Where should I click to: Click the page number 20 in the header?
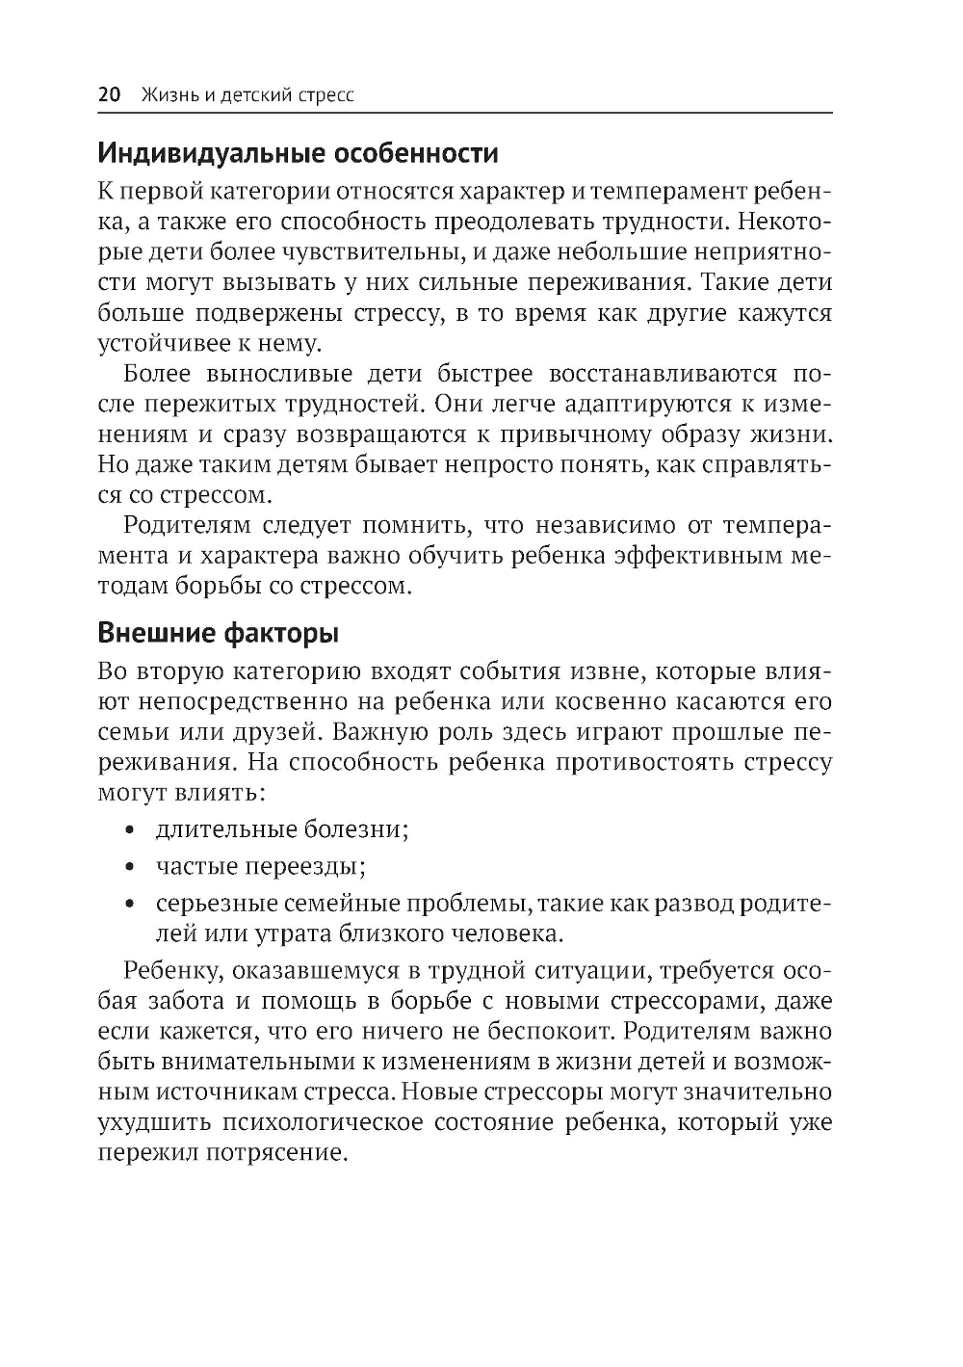109,94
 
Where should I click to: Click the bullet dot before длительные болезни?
129,829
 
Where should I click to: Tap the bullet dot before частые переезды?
129,867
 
